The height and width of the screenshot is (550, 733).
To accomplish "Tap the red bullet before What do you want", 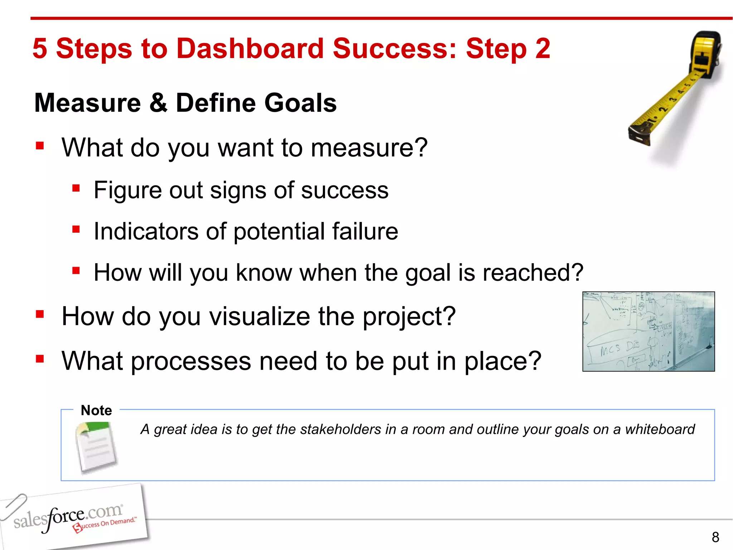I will (x=40, y=146).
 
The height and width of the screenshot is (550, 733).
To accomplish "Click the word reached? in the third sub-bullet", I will (x=533, y=273).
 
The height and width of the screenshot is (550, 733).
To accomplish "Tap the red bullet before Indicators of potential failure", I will (x=76, y=229).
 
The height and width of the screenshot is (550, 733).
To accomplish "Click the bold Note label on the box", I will (x=96, y=410).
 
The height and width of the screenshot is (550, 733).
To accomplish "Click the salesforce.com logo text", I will (x=68, y=516).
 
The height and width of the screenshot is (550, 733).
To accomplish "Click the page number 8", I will (x=715, y=537).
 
